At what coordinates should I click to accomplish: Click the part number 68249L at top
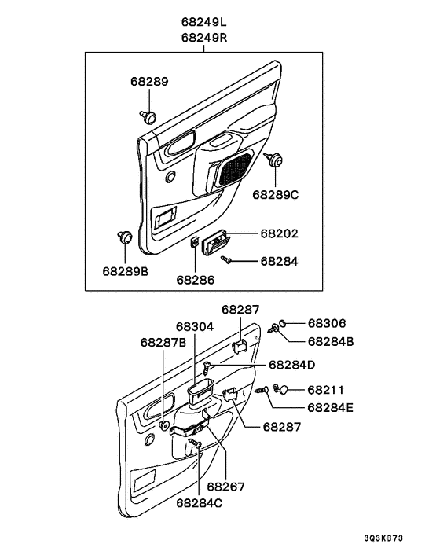[x=203, y=22]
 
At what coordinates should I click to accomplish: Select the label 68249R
[x=204, y=37]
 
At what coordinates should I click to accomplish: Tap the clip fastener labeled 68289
[x=148, y=116]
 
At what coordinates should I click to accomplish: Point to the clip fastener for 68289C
[x=273, y=159]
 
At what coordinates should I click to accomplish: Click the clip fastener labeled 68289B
[x=125, y=237]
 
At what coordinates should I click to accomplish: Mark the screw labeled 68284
[x=226, y=260]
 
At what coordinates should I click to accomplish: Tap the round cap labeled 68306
[x=283, y=323]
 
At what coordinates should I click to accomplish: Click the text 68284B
[x=331, y=341]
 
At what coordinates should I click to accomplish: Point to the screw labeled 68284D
[x=207, y=368]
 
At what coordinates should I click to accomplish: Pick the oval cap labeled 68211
[x=284, y=390]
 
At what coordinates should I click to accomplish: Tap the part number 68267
[x=225, y=487]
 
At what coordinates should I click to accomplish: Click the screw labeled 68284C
[x=195, y=443]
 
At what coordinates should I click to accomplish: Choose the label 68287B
[x=163, y=342]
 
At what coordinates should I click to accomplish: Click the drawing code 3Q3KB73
[x=383, y=538]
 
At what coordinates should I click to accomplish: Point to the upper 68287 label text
[x=240, y=310]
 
